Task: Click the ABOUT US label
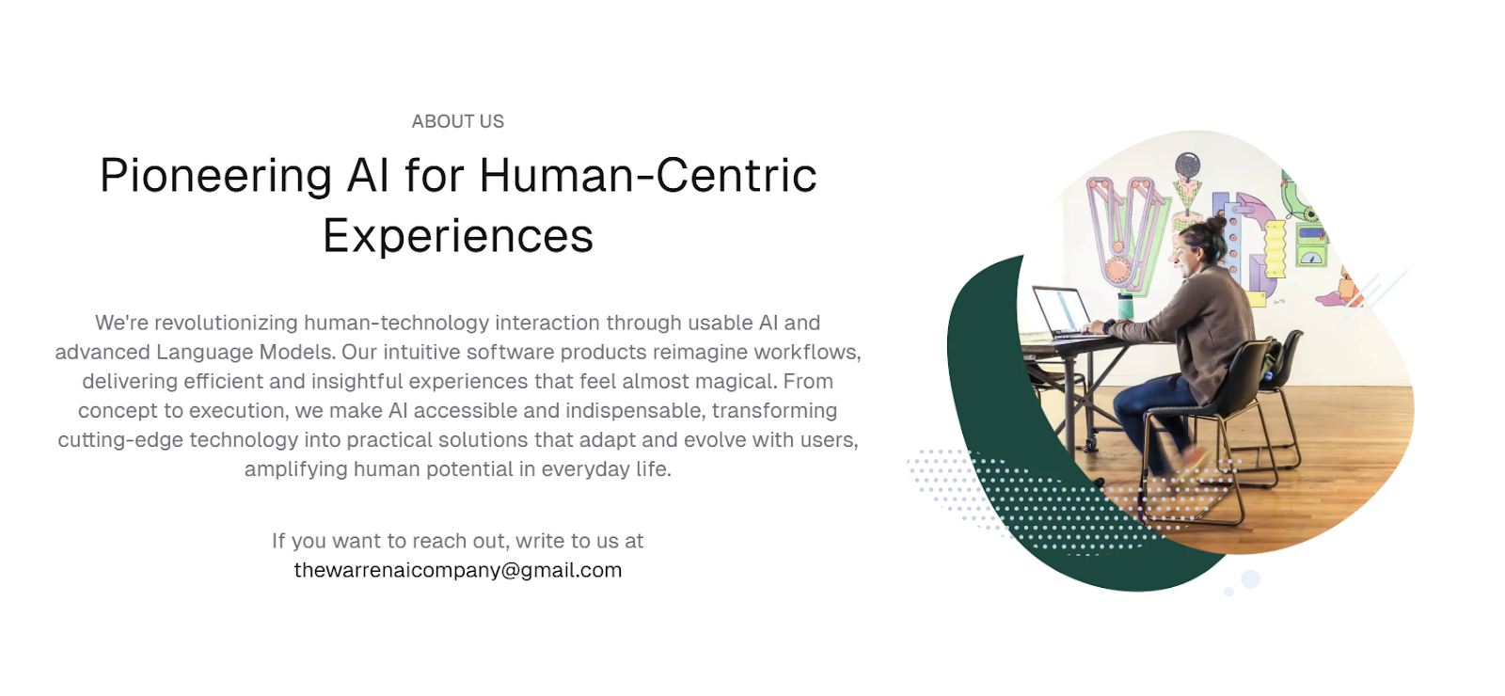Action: [x=457, y=121]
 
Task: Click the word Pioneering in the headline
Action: [x=215, y=176]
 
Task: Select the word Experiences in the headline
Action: [x=458, y=236]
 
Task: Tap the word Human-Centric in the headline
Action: [x=648, y=175]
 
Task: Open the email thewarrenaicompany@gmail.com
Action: [x=458, y=570]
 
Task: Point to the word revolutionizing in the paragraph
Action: [x=226, y=324]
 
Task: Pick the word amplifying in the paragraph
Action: [x=296, y=469]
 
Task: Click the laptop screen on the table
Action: [x=1062, y=309]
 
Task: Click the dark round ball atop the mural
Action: [x=1188, y=165]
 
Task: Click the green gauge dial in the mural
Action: [x=1311, y=256]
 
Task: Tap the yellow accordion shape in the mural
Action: [x=1275, y=249]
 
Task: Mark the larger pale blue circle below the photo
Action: [x=1250, y=578]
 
